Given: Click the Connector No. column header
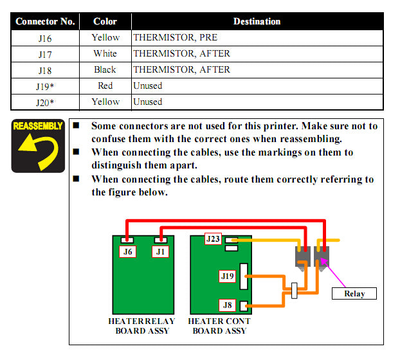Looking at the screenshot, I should (x=45, y=21).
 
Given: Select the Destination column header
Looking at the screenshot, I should (x=256, y=21).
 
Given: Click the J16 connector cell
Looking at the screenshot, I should (x=45, y=38).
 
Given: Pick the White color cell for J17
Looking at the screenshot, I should (x=105, y=54).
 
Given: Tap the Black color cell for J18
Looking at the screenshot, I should (x=105, y=69).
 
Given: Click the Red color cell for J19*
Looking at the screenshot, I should (x=105, y=85).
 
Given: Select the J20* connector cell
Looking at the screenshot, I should (x=45, y=102).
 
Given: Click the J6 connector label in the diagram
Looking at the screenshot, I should (x=129, y=252).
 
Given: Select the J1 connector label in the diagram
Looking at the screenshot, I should (x=161, y=252).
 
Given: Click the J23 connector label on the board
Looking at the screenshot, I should (x=213, y=239).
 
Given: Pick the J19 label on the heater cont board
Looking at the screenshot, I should (x=227, y=276).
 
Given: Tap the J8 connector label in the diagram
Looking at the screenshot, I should (x=226, y=305).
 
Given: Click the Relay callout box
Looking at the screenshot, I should (x=354, y=294).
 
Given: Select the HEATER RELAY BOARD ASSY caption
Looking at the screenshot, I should (x=142, y=326).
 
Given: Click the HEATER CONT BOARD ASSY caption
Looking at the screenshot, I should (x=219, y=326).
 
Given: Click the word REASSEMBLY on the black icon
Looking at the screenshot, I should (x=37, y=126).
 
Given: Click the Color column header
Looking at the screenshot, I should (x=105, y=21).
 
